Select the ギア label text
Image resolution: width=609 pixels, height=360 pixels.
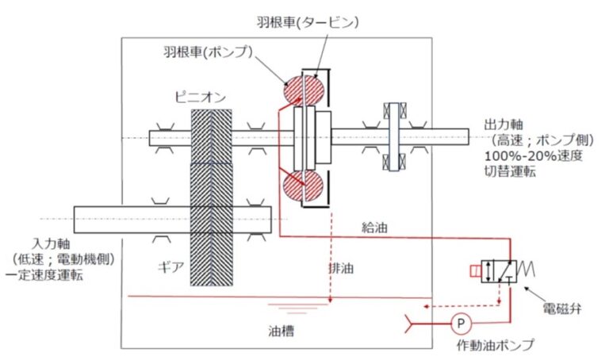pos(173,266)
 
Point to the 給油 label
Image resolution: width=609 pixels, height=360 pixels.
pos(371,228)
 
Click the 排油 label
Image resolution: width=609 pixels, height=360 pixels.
pos(341,269)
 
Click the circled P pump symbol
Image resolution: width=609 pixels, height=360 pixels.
pos(458,323)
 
